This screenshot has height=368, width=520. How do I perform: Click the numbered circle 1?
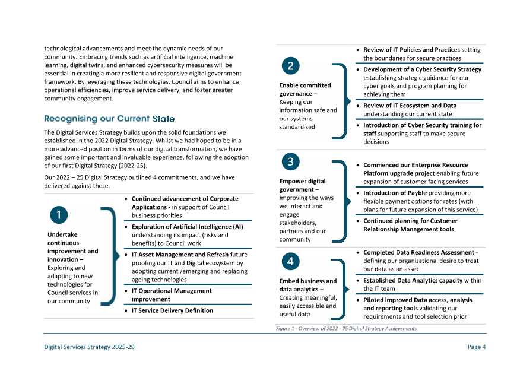tap(59, 215)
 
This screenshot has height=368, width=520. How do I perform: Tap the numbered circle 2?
tap(290, 66)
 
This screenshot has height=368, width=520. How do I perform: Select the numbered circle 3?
tap(290, 161)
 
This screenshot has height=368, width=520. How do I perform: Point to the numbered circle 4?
tap(290, 261)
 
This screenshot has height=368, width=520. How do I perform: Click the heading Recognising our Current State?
tap(109, 119)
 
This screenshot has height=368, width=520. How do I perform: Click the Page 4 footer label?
tap(477, 347)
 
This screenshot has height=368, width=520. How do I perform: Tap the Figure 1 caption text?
tap(346, 328)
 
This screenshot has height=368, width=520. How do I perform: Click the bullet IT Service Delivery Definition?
tap(172, 310)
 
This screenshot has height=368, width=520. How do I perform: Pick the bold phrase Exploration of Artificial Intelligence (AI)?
tap(187, 227)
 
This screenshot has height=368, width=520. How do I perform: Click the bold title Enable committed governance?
tap(305, 89)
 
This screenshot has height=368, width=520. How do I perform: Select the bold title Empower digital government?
tap(302, 185)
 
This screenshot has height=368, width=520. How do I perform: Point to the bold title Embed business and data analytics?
tap(307, 285)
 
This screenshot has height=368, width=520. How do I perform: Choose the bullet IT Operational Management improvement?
tap(172, 295)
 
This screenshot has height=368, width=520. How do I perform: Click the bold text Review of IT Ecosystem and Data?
tap(410, 106)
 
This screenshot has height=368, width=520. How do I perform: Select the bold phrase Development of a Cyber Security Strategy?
tap(422, 69)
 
